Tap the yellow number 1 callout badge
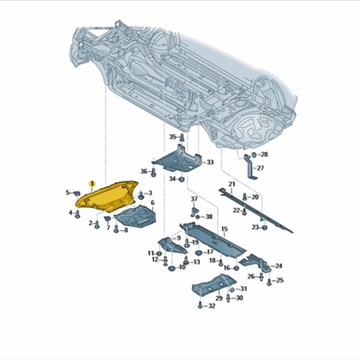[x=91, y=183]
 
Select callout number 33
[x=209, y=163]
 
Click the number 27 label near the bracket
[x=260, y=168]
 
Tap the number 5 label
[x=67, y=193]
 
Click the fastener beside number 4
[x=79, y=213]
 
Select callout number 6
[x=153, y=203]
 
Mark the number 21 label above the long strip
[x=230, y=184]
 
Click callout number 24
[x=278, y=265]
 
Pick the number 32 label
[x=211, y=306]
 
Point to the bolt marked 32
[x=201, y=306]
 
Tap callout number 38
[x=209, y=217]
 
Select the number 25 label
[x=279, y=281]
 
